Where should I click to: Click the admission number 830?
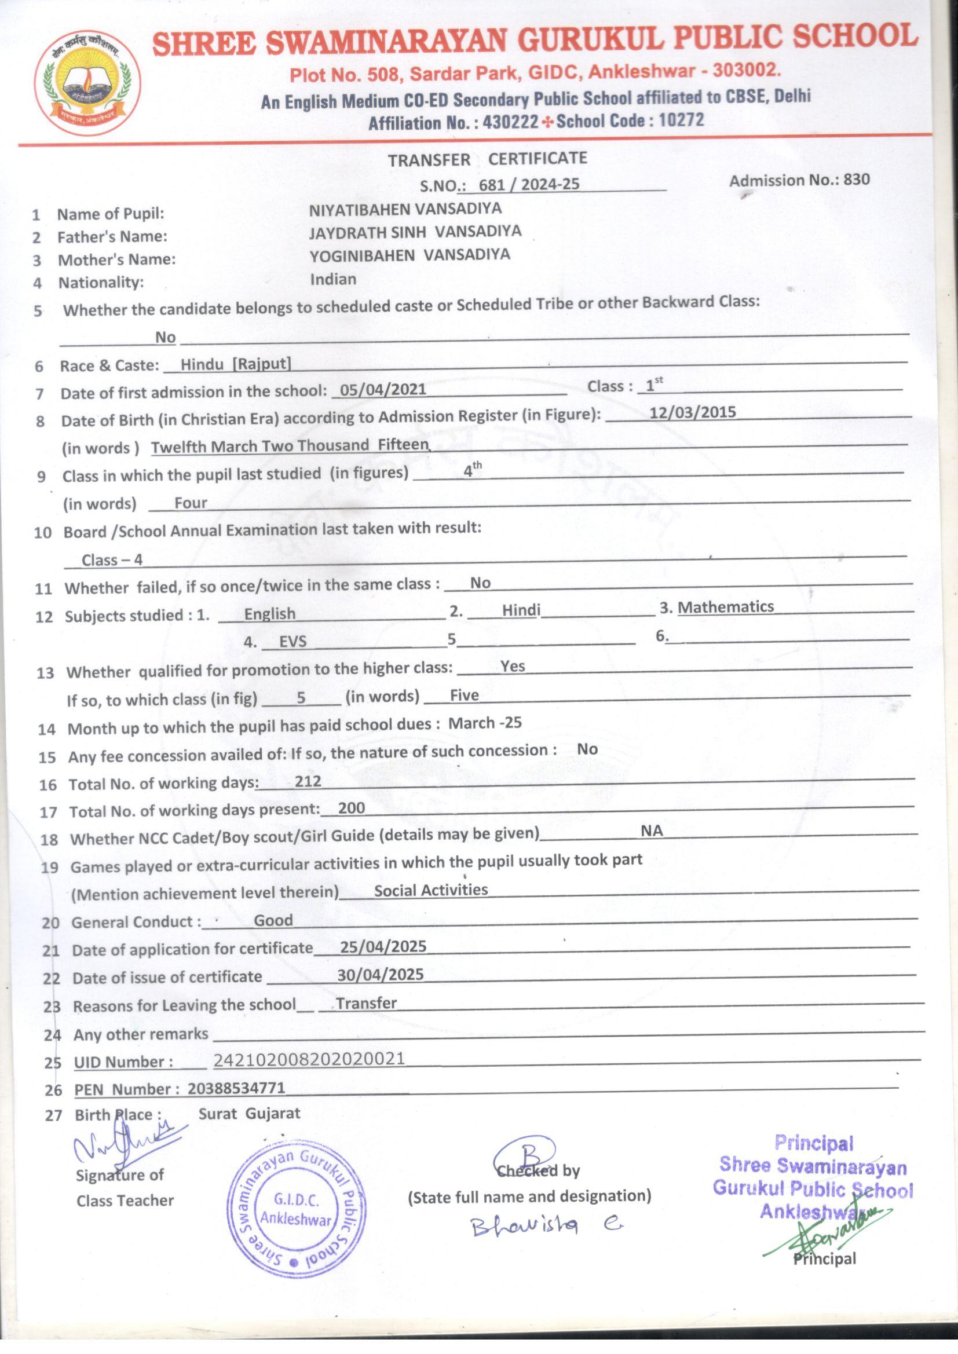tap(856, 180)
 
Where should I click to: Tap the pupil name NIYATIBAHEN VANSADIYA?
tap(405, 208)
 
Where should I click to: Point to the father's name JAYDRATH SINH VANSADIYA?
tap(415, 231)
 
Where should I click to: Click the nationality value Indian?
tap(333, 279)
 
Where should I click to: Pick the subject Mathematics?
tap(726, 607)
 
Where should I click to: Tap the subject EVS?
tap(292, 641)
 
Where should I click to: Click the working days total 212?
tap(308, 781)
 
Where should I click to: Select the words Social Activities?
tap(430, 890)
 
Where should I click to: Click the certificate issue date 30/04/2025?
tap(381, 974)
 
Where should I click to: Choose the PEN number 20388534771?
tap(236, 1088)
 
